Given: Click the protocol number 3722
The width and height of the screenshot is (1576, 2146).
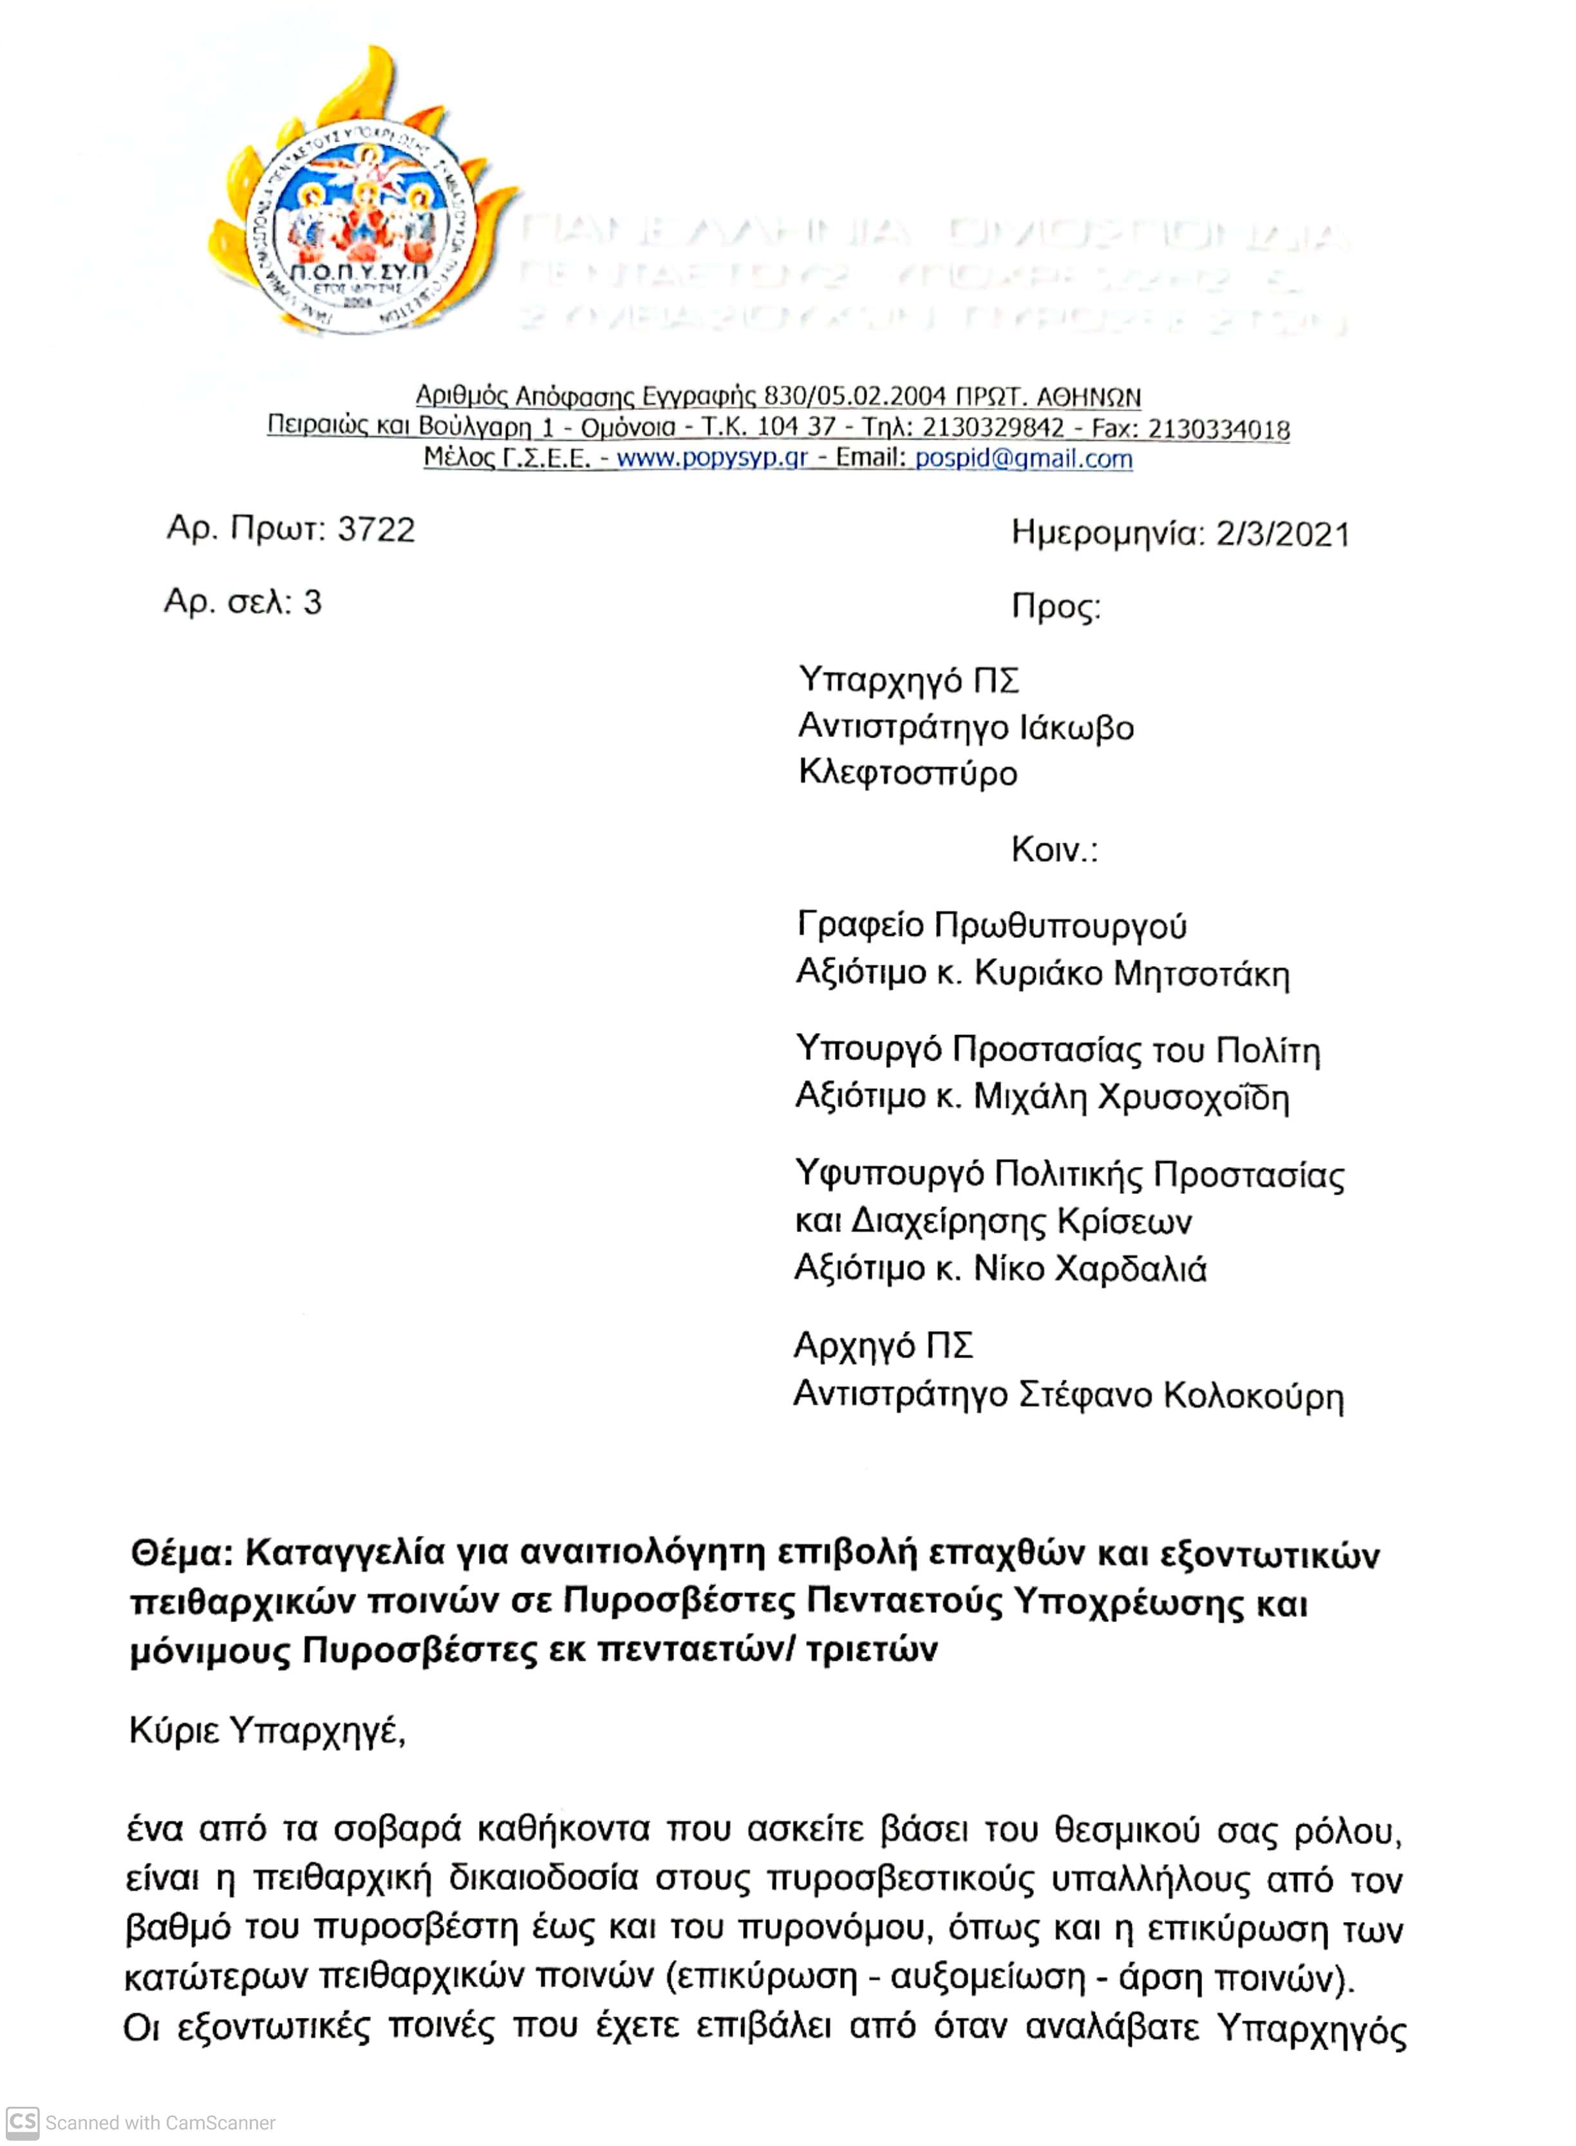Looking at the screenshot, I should pyautogui.click(x=377, y=529).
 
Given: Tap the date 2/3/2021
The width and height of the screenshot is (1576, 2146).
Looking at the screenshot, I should pyautogui.click(x=1282, y=534).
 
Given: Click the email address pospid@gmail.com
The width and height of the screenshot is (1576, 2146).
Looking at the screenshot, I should pyautogui.click(x=1024, y=459).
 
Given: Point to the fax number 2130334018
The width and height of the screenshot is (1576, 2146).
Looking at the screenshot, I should pyautogui.click(x=1218, y=429).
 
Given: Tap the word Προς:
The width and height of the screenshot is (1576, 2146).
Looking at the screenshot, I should pyautogui.click(x=1056, y=608).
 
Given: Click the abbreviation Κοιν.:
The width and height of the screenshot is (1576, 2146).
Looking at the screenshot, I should pyautogui.click(x=1054, y=849).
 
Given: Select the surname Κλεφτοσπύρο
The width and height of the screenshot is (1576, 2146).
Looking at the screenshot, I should pyautogui.click(x=907, y=772).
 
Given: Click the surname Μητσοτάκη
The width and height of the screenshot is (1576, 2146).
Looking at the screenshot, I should pyautogui.click(x=1202, y=974).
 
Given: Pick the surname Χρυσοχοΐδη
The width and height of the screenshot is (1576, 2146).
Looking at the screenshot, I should pyautogui.click(x=1194, y=1098).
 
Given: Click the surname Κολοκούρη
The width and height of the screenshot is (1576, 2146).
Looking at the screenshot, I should pyautogui.click(x=1253, y=1395).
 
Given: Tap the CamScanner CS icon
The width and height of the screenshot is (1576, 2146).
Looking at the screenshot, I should pyautogui.click(x=23, y=2122).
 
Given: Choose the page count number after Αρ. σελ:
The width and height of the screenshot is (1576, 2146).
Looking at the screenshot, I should pyautogui.click(x=312, y=602).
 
